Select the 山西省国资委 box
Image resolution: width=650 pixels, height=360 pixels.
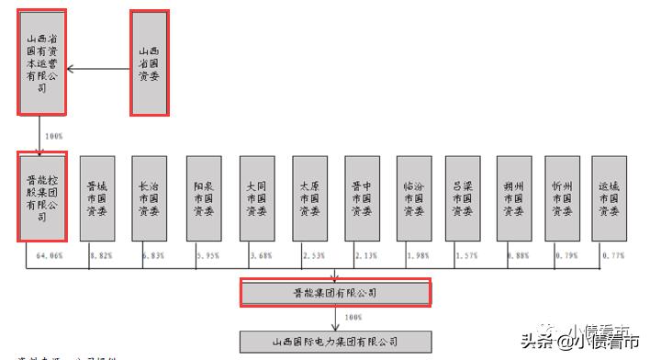(x=149, y=62)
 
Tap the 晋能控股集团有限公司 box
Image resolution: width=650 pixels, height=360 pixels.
(x=42, y=197)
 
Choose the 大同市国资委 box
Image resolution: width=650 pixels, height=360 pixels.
(x=256, y=197)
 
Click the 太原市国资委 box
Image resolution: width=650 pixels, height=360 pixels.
(x=309, y=197)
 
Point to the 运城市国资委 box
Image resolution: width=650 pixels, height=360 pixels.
(x=608, y=197)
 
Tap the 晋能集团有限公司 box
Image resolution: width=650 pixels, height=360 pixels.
(x=334, y=293)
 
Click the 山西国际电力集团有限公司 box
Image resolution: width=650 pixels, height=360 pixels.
(x=334, y=342)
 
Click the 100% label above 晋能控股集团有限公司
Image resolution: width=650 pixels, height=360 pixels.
(x=53, y=136)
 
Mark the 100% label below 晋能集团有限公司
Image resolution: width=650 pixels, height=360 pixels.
(x=353, y=318)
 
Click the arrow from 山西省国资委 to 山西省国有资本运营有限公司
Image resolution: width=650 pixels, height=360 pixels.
(x=97, y=68)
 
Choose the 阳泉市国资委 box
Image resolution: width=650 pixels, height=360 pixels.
(x=203, y=197)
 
